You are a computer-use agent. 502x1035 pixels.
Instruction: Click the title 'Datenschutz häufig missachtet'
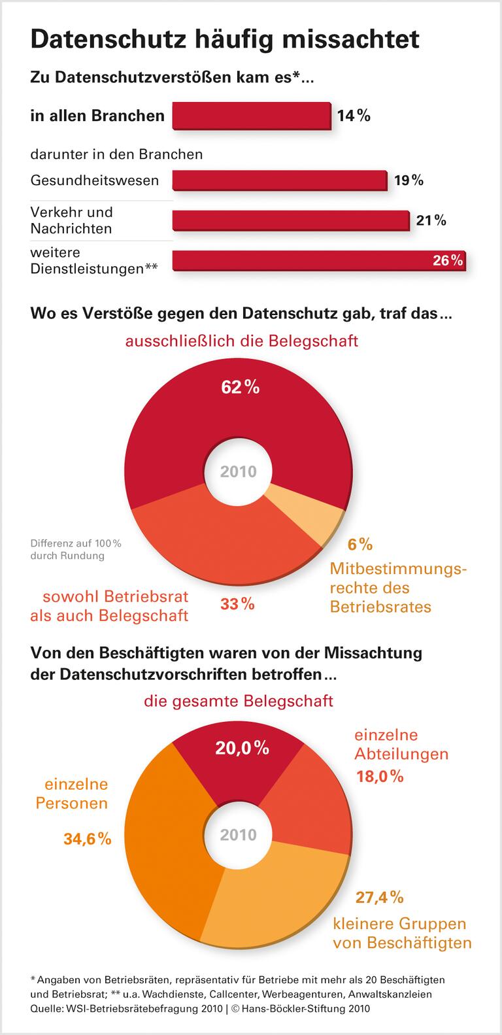click(x=225, y=39)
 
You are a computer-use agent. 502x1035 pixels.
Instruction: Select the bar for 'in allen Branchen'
click(x=252, y=116)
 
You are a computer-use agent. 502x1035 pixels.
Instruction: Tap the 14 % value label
click(x=354, y=116)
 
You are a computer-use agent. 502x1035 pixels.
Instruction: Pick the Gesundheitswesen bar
click(x=280, y=180)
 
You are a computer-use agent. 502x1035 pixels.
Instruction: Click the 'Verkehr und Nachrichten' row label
click(x=72, y=220)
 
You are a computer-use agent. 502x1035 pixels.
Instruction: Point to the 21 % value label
click(x=431, y=220)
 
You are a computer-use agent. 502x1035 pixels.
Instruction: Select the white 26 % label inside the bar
click(x=447, y=260)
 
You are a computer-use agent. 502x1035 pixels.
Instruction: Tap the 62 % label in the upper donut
click(x=240, y=387)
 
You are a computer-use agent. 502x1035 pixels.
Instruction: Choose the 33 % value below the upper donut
click(x=237, y=604)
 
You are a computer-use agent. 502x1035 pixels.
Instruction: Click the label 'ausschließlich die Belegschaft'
click(x=242, y=341)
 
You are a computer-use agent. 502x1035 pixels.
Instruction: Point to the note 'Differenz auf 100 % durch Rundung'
click(x=76, y=550)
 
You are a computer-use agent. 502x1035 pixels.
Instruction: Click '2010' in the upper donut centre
click(x=238, y=471)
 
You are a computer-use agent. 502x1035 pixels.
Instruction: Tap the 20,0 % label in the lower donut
click(x=242, y=748)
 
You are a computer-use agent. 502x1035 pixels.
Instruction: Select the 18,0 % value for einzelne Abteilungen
click(x=380, y=777)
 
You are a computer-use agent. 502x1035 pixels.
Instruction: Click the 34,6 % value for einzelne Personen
click(x=87, y=839)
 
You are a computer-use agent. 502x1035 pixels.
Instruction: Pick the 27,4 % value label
click(x=379, y=898)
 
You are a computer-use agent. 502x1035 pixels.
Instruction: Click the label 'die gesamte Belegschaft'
click(x=239, y=701)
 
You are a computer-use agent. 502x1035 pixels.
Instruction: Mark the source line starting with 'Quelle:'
click(x=200, y=1008)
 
